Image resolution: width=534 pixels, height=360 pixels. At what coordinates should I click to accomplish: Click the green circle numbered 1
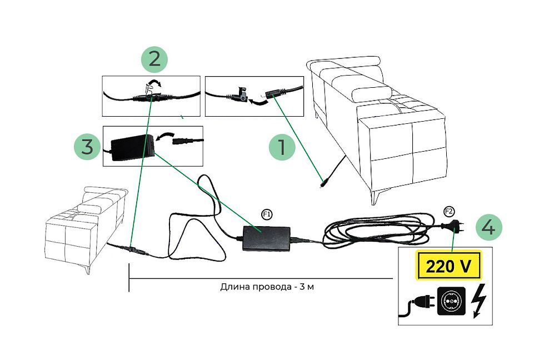pos(282,147)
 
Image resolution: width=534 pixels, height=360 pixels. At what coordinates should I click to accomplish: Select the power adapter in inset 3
pos(131,148)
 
